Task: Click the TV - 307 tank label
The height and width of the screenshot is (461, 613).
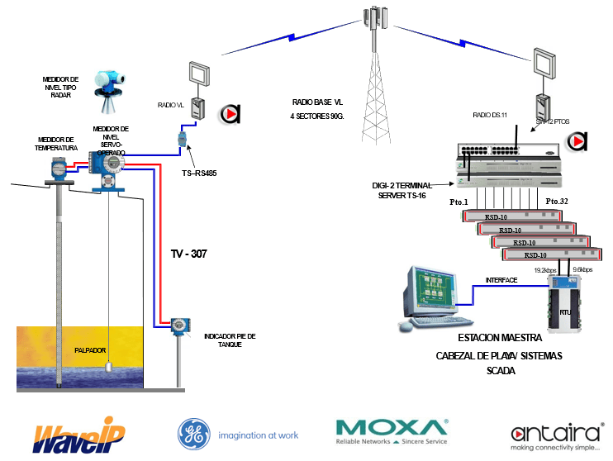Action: coord(189,254)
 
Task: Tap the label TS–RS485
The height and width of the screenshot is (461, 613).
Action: coord(199,174)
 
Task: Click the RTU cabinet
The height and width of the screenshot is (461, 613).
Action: coord(568,308)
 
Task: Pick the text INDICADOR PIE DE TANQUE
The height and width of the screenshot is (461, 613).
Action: coord(230,340)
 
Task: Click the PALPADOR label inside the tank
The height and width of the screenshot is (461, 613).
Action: coord(90,349)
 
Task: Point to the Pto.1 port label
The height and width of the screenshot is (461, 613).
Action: coord(459,202)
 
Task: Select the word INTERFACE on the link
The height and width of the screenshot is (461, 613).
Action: coord(501,280)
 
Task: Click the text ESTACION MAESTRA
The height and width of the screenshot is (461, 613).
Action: coord(500,340)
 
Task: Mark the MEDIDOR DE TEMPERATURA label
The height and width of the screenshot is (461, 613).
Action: coord(56,144)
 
